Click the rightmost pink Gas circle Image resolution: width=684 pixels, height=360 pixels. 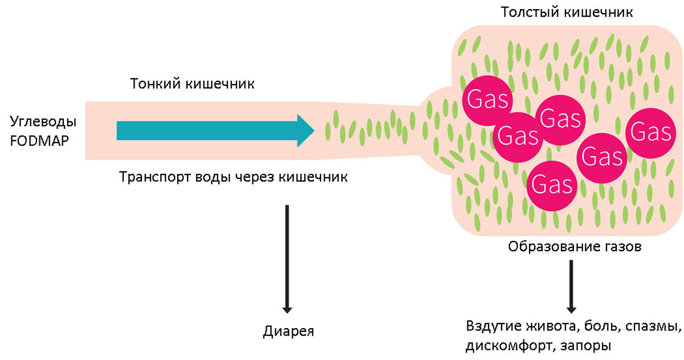click(650, 133)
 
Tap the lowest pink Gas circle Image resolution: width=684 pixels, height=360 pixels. click(551, 184)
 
